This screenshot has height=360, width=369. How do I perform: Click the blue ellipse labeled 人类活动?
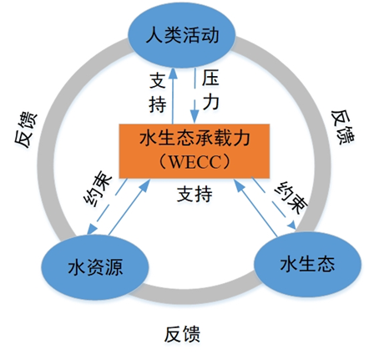tap(182, 36)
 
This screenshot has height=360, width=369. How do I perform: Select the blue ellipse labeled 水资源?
tap(95, 267)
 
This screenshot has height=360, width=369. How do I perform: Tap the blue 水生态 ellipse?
tap(308, 264)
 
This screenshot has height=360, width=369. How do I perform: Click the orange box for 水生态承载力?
tap(195, 151)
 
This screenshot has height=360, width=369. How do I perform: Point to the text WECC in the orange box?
tap(195, 162)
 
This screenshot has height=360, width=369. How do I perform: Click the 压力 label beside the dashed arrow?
tap(210, 89)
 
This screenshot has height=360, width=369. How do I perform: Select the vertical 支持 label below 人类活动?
tap(158, 93)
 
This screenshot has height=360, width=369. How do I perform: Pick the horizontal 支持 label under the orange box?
tap(195, 194)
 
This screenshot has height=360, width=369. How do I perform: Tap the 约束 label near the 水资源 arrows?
tap(98, 190)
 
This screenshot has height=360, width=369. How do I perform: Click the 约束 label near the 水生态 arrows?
tap(291, 197)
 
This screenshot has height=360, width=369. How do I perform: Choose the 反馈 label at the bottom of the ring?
tap(182, 334)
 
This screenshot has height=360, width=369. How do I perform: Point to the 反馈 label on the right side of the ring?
tap(343, 127)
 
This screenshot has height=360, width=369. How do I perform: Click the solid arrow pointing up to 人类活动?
tap(173, 96)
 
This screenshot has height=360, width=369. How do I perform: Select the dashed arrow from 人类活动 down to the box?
tap(195, 95)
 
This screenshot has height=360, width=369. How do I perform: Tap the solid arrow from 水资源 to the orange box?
tap(129, 207)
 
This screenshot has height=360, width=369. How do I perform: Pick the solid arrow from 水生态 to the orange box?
tap(255, 208)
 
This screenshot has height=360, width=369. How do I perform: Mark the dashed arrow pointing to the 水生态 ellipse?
tap(274, 204)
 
